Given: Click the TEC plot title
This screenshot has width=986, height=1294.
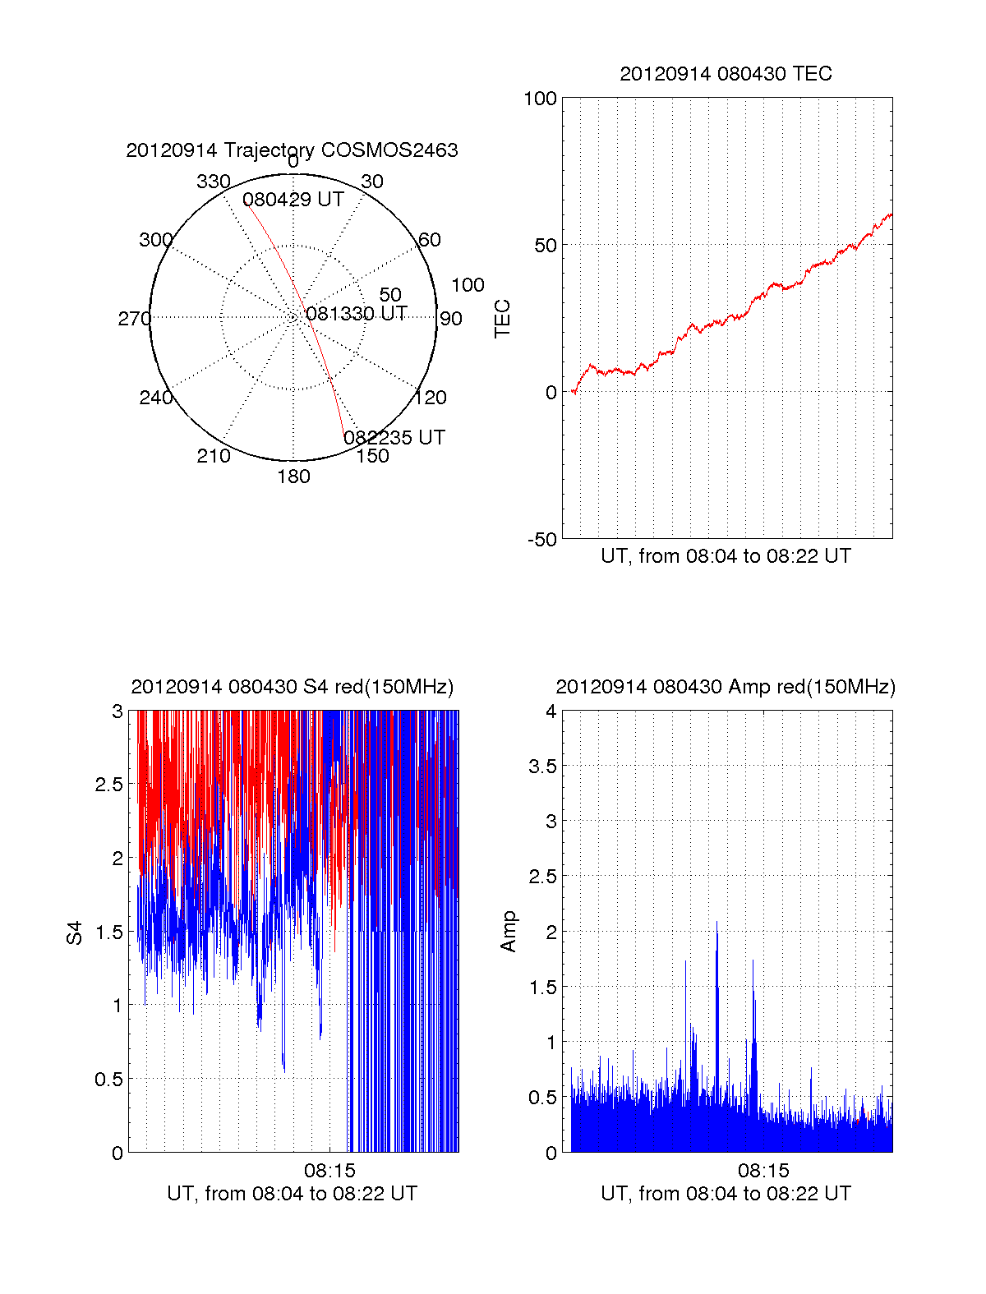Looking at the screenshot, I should [726, 74].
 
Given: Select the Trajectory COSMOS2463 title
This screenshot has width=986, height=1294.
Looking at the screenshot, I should [292, 150].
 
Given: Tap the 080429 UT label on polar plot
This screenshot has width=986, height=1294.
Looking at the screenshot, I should [293, 200].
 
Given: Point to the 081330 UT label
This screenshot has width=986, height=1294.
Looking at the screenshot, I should [356, 314].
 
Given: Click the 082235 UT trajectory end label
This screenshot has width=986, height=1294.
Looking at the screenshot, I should [394, 438].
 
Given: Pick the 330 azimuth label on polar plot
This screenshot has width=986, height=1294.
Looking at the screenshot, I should [213, 182].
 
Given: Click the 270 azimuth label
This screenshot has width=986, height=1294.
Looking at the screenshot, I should [134, 319].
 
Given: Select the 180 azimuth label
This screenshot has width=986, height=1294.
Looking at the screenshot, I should [293, 477].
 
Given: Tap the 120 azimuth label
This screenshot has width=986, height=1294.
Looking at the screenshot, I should [431, 398].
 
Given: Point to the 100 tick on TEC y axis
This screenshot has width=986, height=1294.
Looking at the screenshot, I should [540, 99].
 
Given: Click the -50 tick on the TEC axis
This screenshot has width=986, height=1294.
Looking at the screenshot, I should [542, 540].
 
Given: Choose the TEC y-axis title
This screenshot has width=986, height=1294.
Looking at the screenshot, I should [503, 319].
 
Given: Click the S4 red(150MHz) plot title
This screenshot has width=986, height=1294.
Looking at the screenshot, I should [292, 687].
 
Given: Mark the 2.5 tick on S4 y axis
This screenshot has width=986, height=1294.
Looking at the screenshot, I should [109, 785].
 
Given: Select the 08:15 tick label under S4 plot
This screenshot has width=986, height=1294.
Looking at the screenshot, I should [329, 1170].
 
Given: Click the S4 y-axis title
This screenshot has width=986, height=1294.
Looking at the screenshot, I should [75, 933].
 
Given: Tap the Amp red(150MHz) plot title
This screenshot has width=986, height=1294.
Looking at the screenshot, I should [726, 687].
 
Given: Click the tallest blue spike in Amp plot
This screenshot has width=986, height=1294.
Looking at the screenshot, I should [716, 924].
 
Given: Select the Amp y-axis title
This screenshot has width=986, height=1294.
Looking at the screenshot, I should [509, 931].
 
